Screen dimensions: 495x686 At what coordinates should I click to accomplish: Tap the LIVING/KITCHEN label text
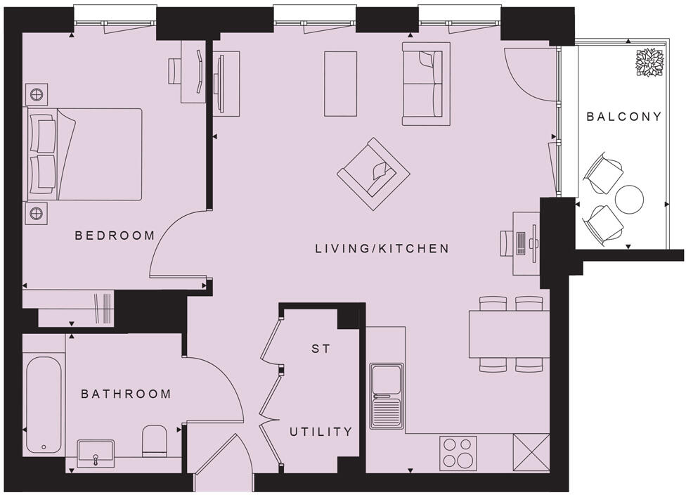click(x=382, y=248)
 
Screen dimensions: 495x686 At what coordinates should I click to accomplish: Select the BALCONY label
click(x=624, y=117)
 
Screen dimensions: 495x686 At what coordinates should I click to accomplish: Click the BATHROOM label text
click(x=126, y=394)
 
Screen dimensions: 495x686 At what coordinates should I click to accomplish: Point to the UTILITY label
click(x=321, y=432)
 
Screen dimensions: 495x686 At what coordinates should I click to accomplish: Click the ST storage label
click(x=321, y=349)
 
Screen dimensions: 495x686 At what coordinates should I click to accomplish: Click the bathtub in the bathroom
click(x=45, y=404)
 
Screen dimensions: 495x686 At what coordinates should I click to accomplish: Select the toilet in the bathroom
click(x=153, y=442)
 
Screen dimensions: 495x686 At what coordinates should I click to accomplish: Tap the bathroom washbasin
click(x=95, y=454)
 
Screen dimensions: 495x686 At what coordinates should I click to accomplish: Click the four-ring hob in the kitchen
click(x=458, y=454)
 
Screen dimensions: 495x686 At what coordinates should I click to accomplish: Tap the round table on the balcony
click(x=629, y=199)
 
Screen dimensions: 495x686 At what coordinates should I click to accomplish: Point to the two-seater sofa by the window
click(x=426, y=84)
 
